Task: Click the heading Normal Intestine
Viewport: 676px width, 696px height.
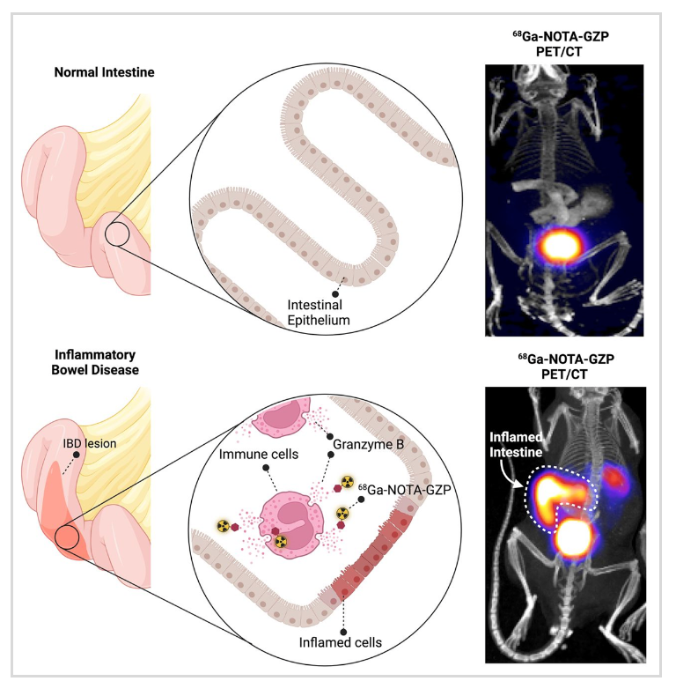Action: tap(111, 73)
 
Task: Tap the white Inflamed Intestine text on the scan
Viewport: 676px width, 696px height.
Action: tap(513, 446)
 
